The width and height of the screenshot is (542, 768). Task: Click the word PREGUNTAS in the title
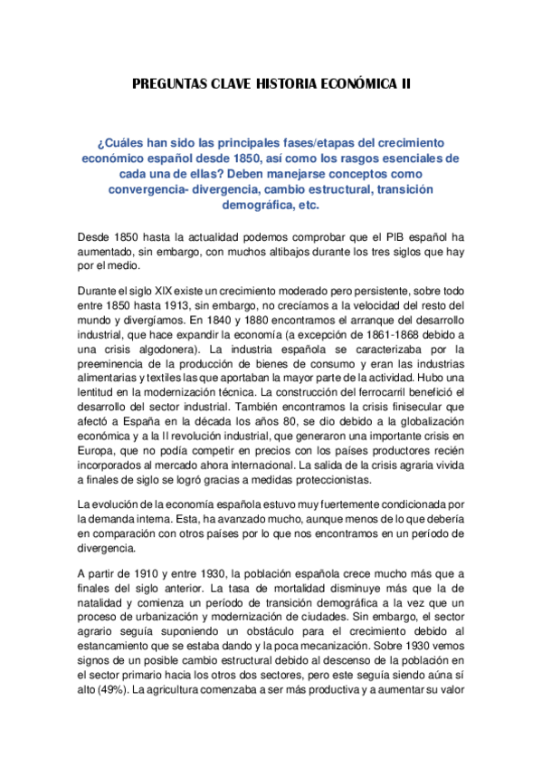click(x=170, y=84)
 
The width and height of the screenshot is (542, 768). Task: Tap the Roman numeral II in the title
click(x=404, y=84)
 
